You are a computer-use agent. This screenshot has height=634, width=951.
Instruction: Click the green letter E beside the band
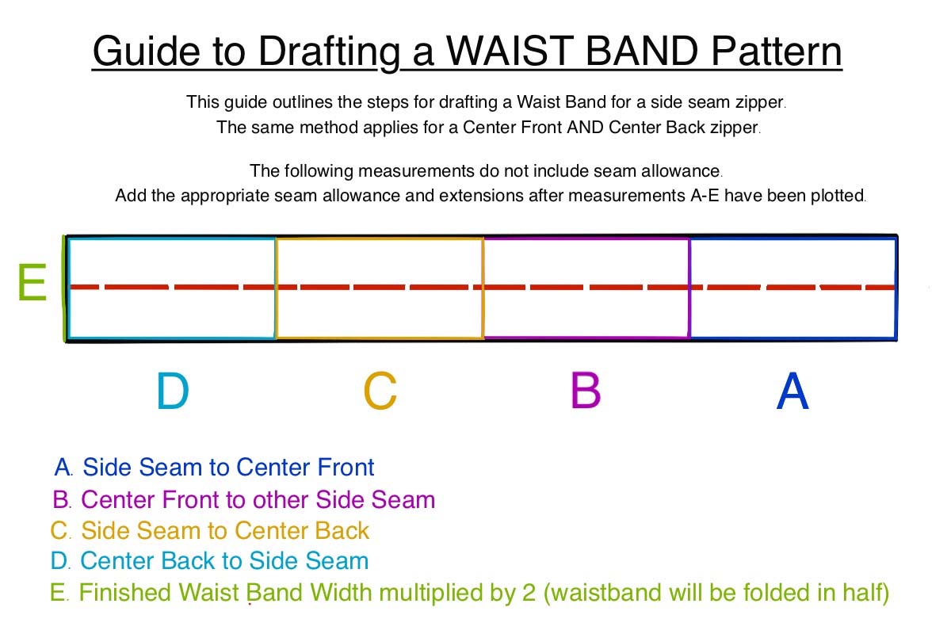(x=32, y=281)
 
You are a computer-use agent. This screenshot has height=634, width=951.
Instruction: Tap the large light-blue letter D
(x=173, y=391)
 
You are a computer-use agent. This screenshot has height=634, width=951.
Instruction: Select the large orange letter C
(x=380, y=391)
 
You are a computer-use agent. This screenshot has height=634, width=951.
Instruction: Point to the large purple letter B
(x=586, y=390)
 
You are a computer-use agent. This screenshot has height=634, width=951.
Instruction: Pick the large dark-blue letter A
(x=792, y=391)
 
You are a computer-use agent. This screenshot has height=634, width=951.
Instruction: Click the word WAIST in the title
(x=510, y=51)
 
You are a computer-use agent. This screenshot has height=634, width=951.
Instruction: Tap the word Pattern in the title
(x=777, y=51)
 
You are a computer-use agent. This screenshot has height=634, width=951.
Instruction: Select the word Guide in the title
(x=147, y=52)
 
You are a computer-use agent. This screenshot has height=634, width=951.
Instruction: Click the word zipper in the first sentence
(x=760, y=102)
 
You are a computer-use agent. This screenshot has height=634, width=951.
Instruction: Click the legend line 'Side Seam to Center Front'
(x=228, y=467)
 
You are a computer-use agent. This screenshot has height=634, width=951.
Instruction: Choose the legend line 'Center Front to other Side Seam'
(x=258, y=499)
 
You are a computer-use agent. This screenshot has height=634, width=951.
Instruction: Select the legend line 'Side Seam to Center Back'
(x=225, y=530)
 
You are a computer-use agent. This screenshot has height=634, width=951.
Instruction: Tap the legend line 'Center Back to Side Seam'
(x=224, y=560)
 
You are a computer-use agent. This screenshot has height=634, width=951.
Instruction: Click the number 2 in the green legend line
(x=529, y=592)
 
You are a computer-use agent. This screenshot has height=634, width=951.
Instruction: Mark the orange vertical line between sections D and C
(x=276, y=288)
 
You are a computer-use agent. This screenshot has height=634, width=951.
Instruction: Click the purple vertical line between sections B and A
(x=689, y=288)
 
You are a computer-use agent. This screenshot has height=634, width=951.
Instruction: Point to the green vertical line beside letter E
(x=64, y=288)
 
